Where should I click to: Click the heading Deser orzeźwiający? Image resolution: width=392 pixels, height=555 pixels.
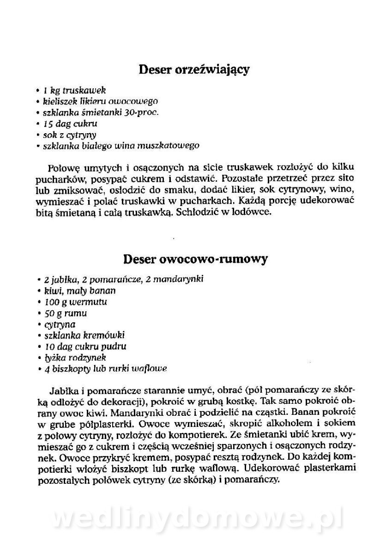(x=194, y=70)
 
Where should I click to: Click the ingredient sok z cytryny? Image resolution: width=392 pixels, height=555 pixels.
(x=69, y=135)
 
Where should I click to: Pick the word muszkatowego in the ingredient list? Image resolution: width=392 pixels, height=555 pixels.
(x=171, y=146)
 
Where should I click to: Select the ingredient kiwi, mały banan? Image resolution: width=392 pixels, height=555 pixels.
(x=79, y=291)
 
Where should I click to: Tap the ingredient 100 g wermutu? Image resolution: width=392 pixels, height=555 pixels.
(x=76, y=302)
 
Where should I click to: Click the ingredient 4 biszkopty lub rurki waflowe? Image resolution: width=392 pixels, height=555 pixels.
(x=105, y=369)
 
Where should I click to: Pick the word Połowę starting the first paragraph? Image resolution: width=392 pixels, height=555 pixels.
(x=62, y=167)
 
